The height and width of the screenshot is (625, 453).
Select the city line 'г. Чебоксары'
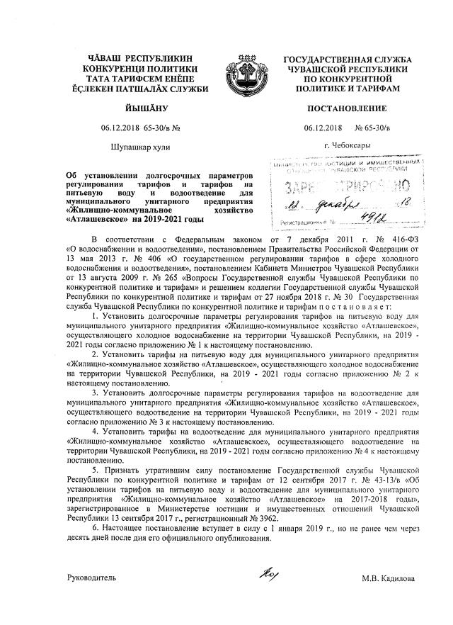point(345,146)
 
